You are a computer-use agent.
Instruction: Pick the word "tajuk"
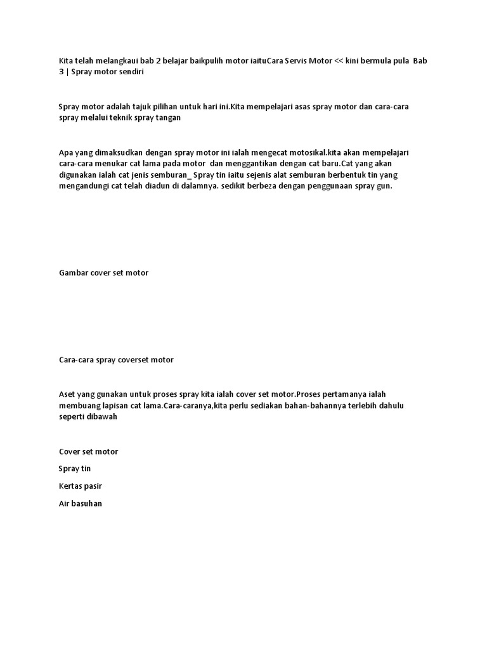tap(152, 106)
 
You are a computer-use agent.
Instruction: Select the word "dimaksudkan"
tap(120, 152)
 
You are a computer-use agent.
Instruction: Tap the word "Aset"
tap(68, 394)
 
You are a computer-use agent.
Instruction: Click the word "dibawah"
tap(100, 417)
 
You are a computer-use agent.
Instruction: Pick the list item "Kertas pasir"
tap(81, 486)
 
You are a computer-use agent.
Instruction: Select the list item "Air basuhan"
tap(81, 503)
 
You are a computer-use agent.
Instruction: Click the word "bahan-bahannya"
tap(303, 406)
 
